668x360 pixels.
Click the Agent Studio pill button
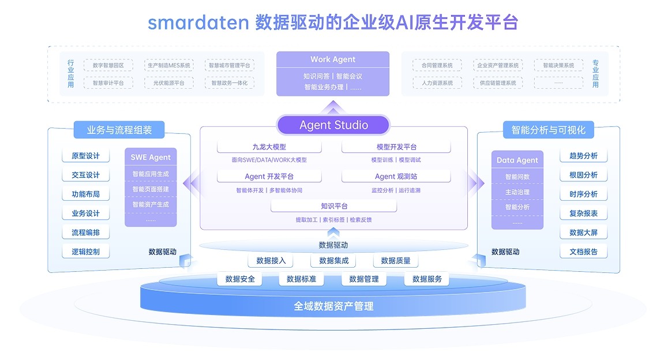click(x=333, y=125)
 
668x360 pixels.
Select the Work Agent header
click(x=333, y=59)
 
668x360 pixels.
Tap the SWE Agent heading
click(x=151, y=157)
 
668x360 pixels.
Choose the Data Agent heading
click(x=517, y=160)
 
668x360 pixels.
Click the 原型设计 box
click(x=85, y=156)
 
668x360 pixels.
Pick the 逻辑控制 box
click(x=85, y=252)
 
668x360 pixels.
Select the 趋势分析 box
click(x=583, y=156)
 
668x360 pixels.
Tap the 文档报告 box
click(x=583, y=252)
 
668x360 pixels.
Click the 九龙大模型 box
click(x=269, y=147)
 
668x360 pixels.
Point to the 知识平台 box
click(x=334, y=206)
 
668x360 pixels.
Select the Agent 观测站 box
click(x=396, y=177)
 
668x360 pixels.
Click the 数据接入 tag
click(x=271, y=261)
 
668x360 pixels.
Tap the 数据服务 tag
click(x=427, y=279)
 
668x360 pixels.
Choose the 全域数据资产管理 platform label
click(x=333, y=306)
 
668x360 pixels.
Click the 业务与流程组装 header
click(x=119, y=130)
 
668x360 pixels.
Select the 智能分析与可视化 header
click(x=548, y=130)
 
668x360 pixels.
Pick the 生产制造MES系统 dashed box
click(x=168, y=66)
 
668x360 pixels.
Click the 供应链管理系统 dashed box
click(x=498, y=83)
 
